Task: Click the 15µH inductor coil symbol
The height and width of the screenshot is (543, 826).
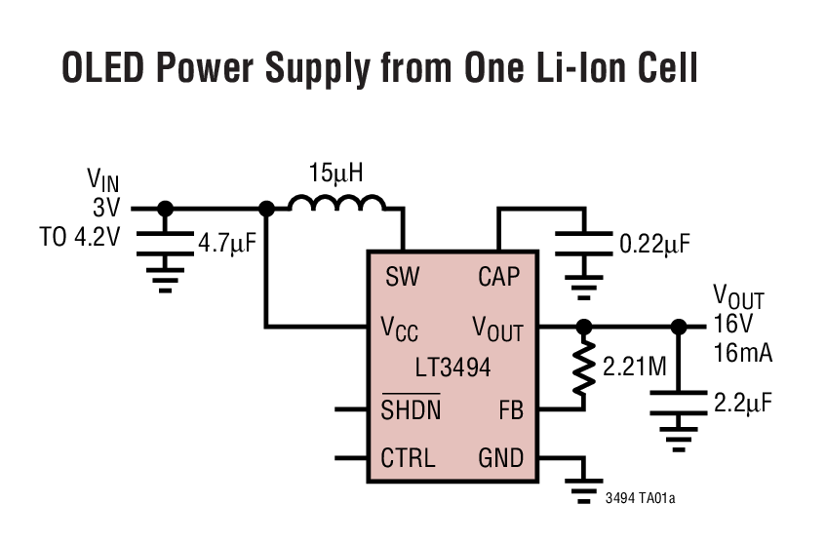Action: point(337,202)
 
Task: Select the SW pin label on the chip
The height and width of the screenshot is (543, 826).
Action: point(402,277)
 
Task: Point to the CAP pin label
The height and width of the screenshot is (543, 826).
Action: point(498,277)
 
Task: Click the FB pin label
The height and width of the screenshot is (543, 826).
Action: point(510,410)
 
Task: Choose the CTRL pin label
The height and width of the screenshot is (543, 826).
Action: point(408,457)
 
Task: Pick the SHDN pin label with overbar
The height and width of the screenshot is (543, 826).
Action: point(411,409)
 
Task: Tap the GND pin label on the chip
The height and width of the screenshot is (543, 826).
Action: point(500,457)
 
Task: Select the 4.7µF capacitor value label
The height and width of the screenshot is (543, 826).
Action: point(226,242)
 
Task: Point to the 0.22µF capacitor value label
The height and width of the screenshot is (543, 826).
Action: point(653,242)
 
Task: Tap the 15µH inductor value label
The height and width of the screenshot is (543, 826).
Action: point(335,175)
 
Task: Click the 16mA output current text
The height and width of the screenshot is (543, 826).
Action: point(743,353)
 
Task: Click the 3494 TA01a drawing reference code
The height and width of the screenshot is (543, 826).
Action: point(640,498)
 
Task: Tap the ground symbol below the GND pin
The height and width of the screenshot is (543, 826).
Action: point(582,490)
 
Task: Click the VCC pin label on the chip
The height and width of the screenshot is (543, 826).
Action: point(400,329)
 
